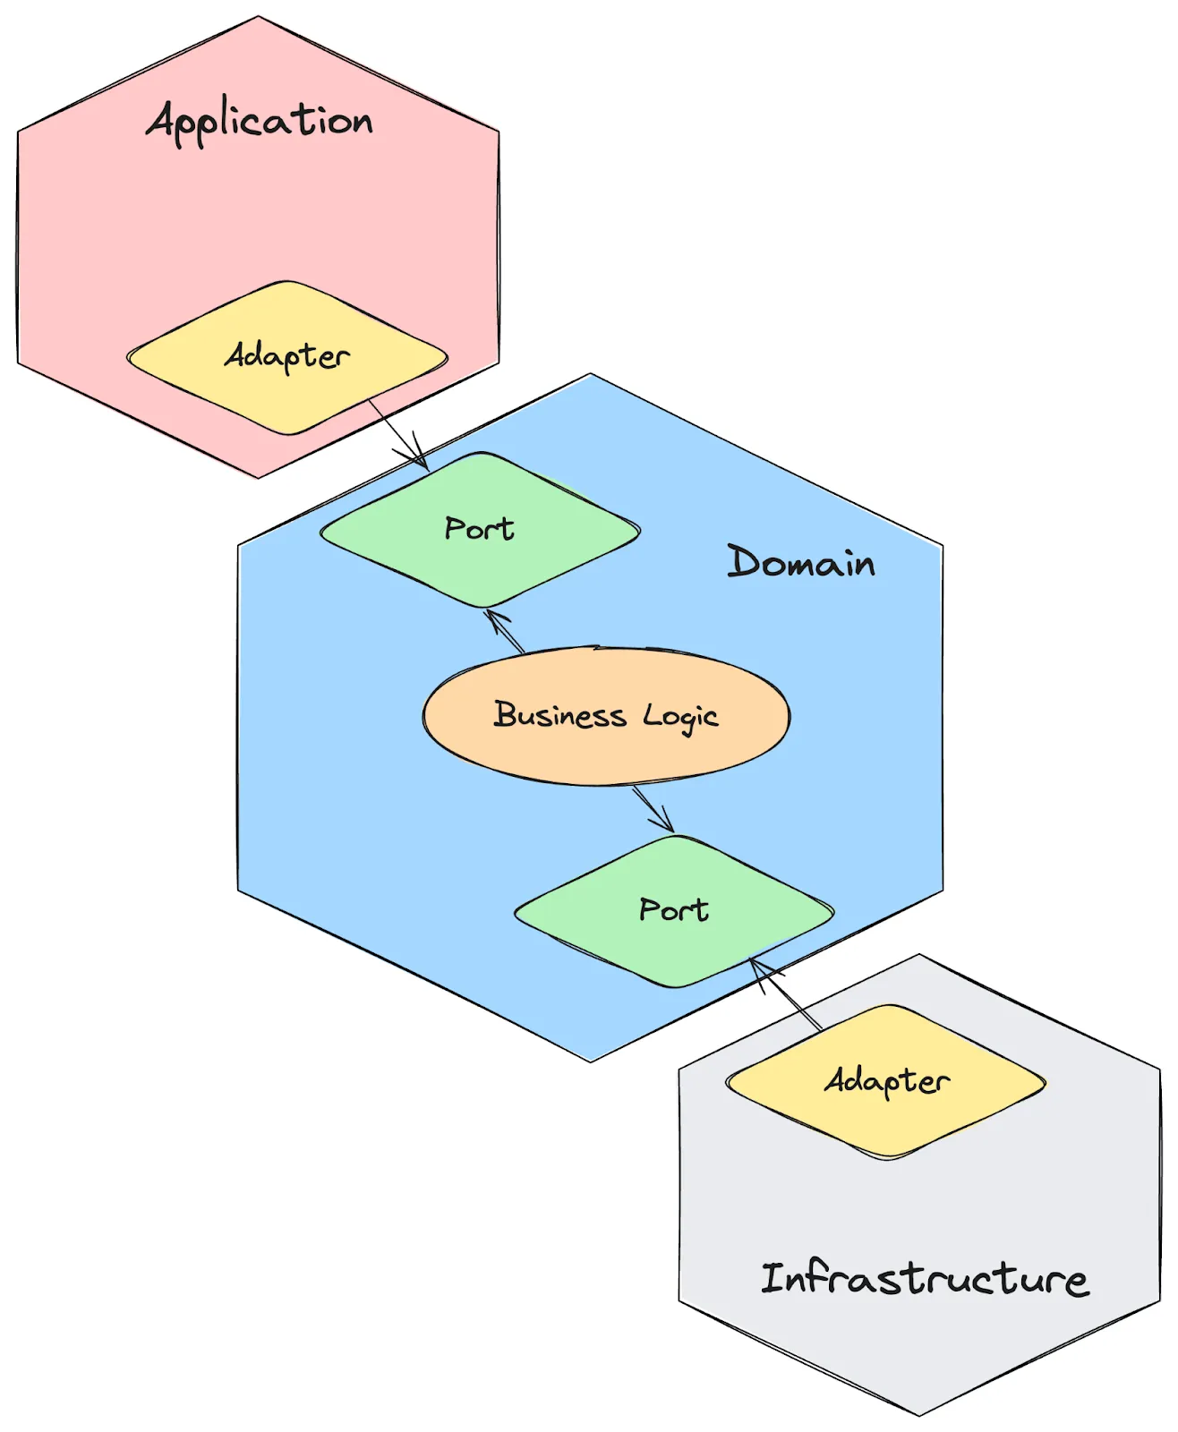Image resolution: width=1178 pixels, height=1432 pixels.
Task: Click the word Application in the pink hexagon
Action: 260,122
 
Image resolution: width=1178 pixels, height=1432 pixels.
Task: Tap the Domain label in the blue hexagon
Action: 801,562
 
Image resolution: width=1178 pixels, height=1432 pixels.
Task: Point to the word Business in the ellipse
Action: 559,715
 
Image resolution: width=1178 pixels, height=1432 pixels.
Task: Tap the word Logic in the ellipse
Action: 680,717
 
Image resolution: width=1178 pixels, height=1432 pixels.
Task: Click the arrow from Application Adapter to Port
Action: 398,434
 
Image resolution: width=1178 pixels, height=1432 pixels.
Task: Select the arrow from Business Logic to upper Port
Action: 505,631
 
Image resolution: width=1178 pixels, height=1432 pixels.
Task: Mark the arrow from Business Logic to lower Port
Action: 653,808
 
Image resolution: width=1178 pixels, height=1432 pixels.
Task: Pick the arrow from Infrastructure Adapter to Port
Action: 785,993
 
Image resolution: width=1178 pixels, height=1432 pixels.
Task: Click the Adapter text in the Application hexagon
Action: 286,356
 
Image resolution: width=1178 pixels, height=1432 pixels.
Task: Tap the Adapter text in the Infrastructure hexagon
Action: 886,1081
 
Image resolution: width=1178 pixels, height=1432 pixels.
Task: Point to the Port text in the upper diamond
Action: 480,529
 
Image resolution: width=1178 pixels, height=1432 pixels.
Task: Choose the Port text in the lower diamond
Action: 674,910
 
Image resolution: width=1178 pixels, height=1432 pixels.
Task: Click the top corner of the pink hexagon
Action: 259,16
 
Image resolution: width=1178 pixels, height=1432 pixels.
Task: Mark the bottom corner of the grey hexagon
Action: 919,1415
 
